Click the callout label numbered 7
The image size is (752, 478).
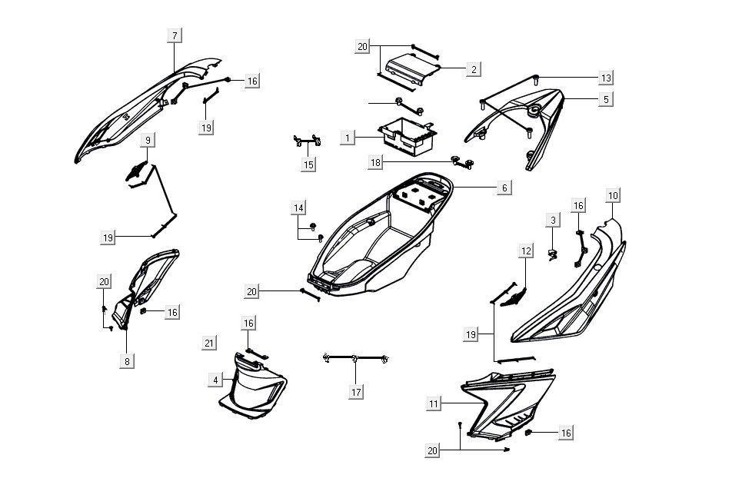tap(175, 35)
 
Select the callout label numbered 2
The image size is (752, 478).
tap(474, 69)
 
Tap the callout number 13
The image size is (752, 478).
tap(606, 78)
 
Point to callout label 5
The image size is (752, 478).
tap(606, 98)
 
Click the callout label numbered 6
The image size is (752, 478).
tap(504, 188)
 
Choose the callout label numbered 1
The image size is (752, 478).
tap(348, 138)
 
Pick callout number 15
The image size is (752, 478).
tap(308, 164)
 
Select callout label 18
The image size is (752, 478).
tap(375, 162)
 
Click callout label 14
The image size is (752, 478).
tap(298, 208)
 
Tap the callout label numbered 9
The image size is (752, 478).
tap(148, 141)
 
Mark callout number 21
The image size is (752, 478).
tap(208, 343)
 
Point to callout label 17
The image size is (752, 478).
tap(355, 391)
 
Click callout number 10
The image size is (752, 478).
tap(612, 195)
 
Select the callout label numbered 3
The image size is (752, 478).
tap(552, 221)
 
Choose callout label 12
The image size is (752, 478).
tap(526, 251)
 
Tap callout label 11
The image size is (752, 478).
tap(434, 403)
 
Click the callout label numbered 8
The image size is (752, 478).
tap(128, 360)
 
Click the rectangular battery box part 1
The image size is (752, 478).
tap(408, 133)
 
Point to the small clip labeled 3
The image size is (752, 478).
tap(552, 254)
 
